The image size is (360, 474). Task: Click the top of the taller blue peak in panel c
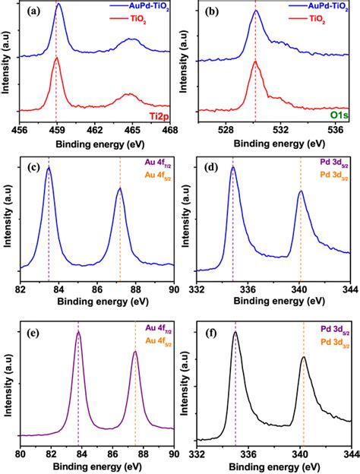tap(49, 168)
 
